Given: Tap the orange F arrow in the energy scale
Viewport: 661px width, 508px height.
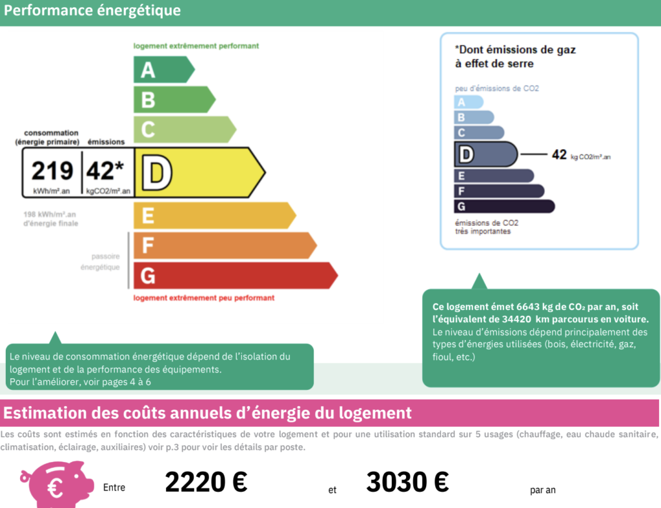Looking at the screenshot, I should [x=223, y=245].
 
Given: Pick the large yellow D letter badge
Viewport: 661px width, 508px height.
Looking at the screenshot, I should [x=157, y=173].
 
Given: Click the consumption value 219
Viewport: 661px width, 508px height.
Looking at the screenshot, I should [x=52, y=171].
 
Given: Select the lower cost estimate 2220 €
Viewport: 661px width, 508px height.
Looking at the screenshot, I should [x=206, y=482].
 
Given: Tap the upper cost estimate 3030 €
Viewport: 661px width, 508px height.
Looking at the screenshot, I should [x=407, y=482].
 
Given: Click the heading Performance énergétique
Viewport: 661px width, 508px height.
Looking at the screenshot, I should [x=92, y=11].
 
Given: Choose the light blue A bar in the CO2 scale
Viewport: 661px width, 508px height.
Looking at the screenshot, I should [x=469, y=102].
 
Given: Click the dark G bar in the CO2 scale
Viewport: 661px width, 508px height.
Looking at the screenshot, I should [x=503, y=207].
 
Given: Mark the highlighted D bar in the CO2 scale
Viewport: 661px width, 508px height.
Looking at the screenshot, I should [x=485, y=155].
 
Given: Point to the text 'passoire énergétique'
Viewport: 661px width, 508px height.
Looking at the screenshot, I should [x=105, y=261].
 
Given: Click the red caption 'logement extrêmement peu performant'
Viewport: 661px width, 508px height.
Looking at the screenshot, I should [x=204, y=298].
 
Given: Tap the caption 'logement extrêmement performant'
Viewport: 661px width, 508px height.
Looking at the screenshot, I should [x=196, y=46].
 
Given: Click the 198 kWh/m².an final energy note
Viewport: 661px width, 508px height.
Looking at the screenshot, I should [x=50, y=219].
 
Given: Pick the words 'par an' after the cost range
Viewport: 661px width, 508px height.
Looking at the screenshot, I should [x=542, y=490].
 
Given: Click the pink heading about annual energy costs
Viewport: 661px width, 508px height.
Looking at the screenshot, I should [x=207, y=412].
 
